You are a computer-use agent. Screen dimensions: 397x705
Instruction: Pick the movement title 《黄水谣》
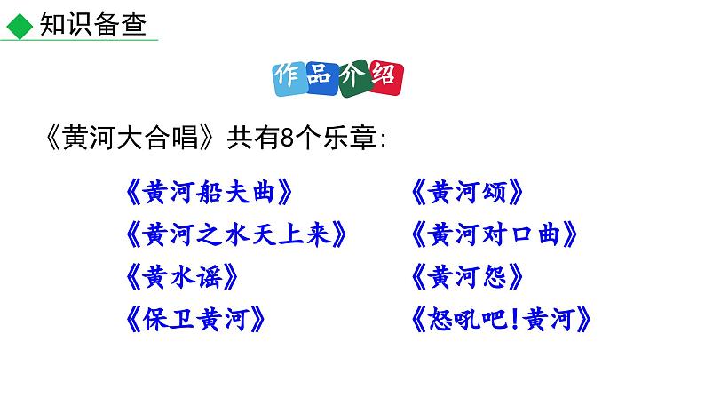(x=183, y=277)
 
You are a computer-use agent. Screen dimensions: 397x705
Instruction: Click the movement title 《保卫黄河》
(x=195, y=319)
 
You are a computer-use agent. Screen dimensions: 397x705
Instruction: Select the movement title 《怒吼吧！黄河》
(x=503, y=319)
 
